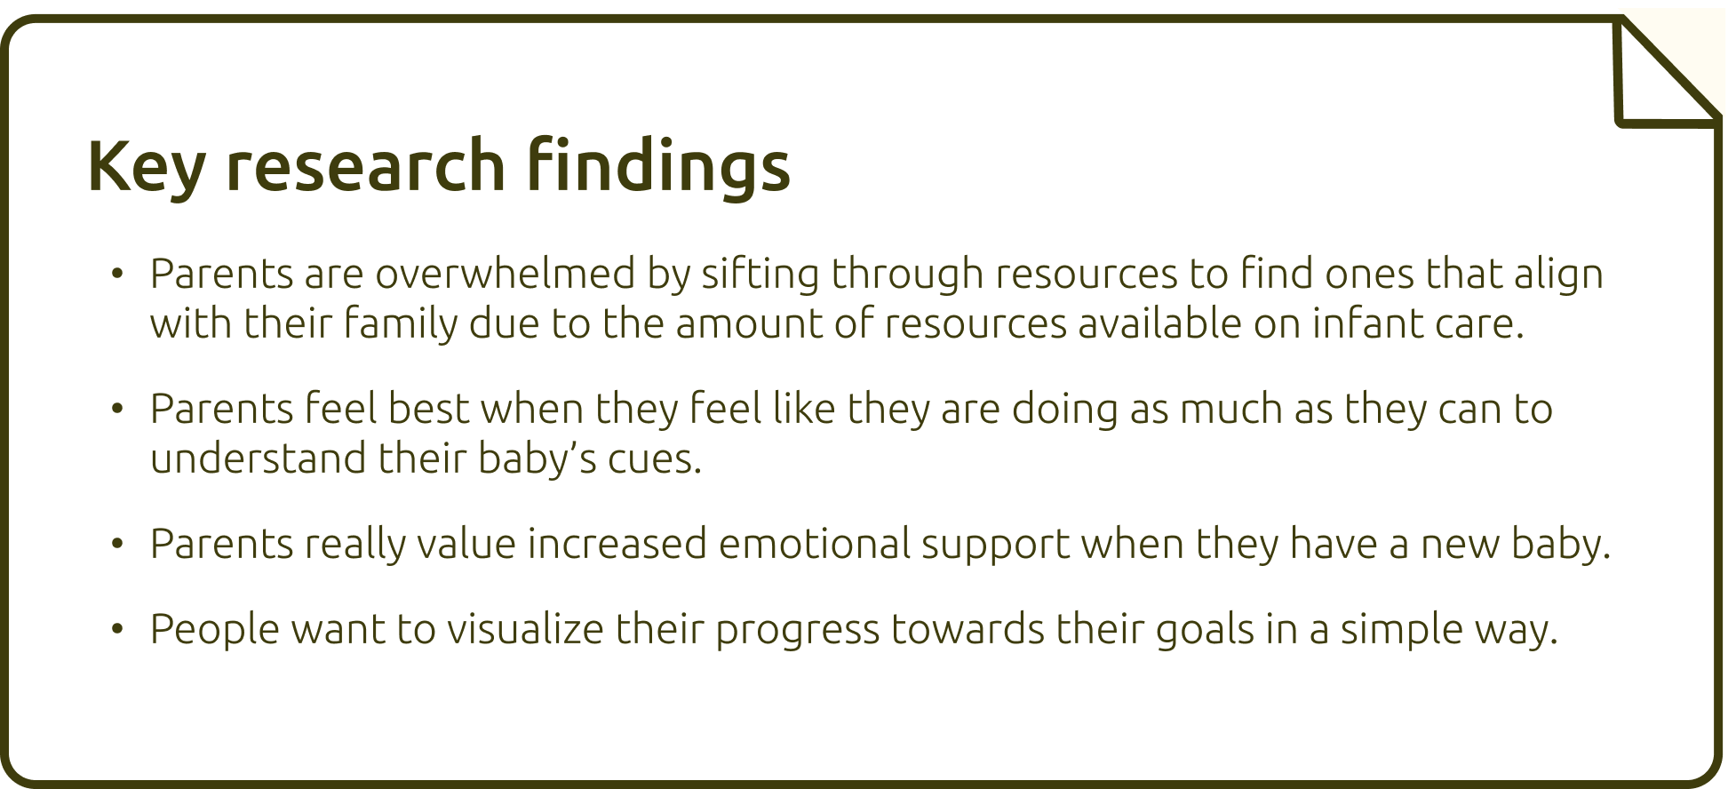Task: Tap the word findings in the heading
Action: (x=658, y=165)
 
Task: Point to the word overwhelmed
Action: (x=506, y=273)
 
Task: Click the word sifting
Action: (x=760, y=275)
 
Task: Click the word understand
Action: (x=258, y=458)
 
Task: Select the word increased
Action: (x=617, y=543)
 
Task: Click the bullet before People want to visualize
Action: (x=116, y=629)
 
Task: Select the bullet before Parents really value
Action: (x=116, y=544)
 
